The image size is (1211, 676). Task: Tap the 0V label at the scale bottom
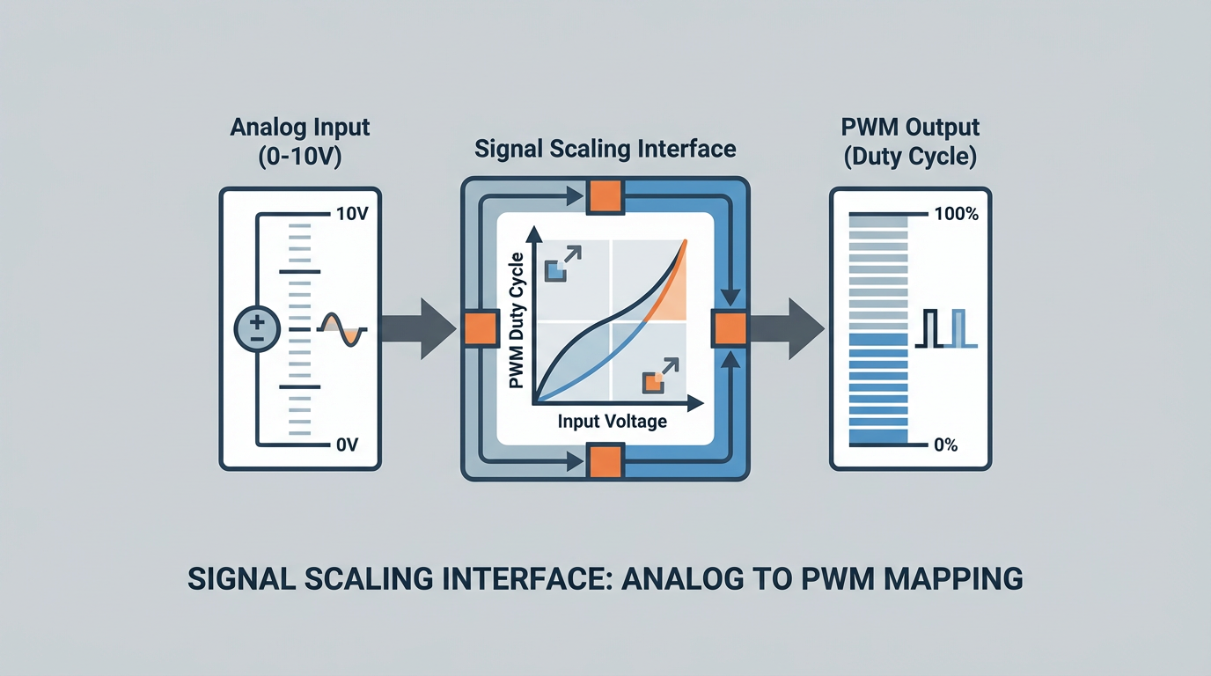coord(347,445)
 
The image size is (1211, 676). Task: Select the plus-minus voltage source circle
coord(257,330)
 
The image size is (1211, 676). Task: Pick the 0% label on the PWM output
coord(945,445)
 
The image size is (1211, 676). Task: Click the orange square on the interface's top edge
coord(605,196)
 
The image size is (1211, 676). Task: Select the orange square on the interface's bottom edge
coord(605,460)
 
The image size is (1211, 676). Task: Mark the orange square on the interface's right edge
coord(730,329)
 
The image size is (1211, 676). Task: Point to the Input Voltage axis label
coord(612,422)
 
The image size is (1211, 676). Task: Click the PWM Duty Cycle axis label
coord(517,320)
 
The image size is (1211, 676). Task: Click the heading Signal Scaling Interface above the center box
coord(605,148)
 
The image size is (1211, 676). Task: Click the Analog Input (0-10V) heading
coord(300,141)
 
